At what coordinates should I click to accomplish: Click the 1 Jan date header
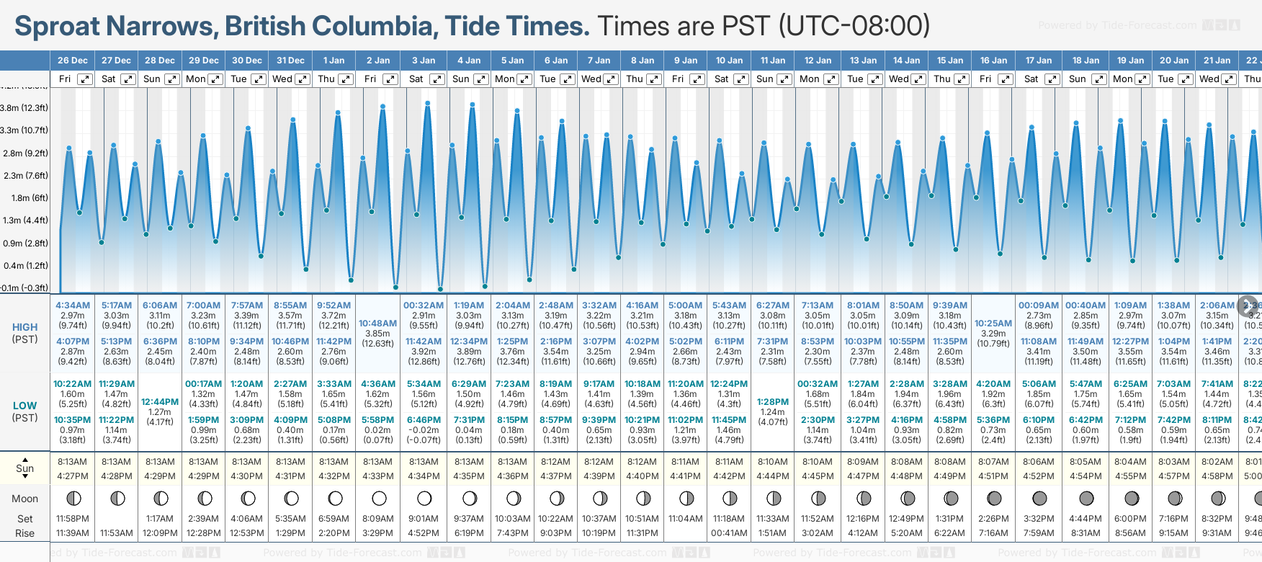(334, 61)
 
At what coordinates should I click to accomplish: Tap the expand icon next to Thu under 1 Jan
(346, 79)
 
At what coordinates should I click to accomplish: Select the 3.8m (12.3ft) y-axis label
(24, 108)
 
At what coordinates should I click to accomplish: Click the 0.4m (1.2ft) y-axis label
(24, 265)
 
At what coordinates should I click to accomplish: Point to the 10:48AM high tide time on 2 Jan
(377, 324)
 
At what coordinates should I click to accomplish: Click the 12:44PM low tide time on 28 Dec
(160, 402)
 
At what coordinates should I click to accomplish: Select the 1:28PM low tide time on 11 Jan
(773, 402)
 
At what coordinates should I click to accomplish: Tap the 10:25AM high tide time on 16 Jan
(993, 324)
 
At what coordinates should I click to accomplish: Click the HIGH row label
(24, 327)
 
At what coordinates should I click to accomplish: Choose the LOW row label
(24, 406)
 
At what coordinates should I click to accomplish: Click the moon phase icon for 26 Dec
(73, 498)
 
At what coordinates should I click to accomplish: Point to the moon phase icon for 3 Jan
(424, 498)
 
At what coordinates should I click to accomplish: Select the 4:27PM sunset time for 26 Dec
(73, 476)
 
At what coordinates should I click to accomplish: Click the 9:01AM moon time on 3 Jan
(424, 519)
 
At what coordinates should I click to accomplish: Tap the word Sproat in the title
(58, 27)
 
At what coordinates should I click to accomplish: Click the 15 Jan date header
(951, 61)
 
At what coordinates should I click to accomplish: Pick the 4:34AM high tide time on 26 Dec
(73, 305)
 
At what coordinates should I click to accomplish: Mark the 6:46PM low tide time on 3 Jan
(424, 420)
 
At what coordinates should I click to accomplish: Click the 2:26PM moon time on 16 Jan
(993, 519)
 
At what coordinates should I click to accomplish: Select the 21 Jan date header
(1217, 61)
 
